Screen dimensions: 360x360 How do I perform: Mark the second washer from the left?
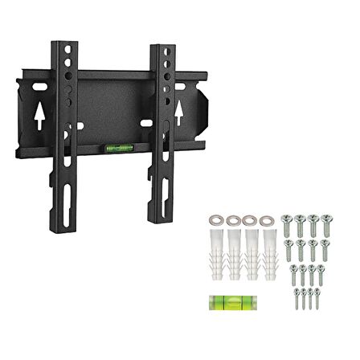[232, 219]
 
